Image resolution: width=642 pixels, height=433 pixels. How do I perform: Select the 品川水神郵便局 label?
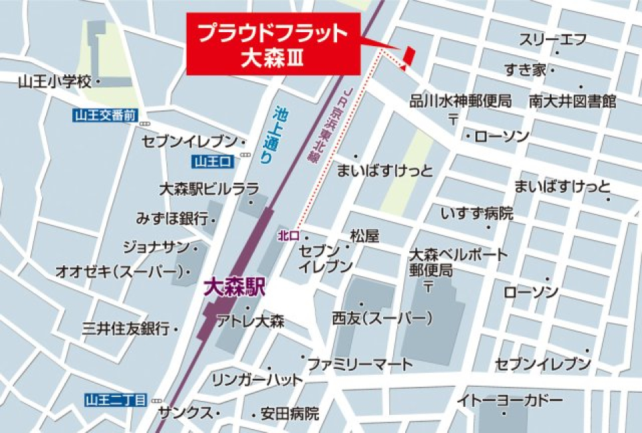[x=460, y=101]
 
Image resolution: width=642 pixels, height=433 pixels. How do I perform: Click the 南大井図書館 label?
[x=572, y=101]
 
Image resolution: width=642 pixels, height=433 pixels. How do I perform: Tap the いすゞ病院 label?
[x=477, y=213]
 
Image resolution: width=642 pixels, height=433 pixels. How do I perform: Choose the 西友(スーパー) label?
[x=381, y=319]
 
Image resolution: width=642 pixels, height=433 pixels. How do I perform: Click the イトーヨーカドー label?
[x=510, y=401]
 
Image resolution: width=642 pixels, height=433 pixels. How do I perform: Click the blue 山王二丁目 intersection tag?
[x=116, y=400]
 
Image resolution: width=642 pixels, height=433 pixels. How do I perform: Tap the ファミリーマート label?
[x=360, y=365]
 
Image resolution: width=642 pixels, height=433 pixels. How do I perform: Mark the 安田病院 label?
[x=290, y=414]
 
